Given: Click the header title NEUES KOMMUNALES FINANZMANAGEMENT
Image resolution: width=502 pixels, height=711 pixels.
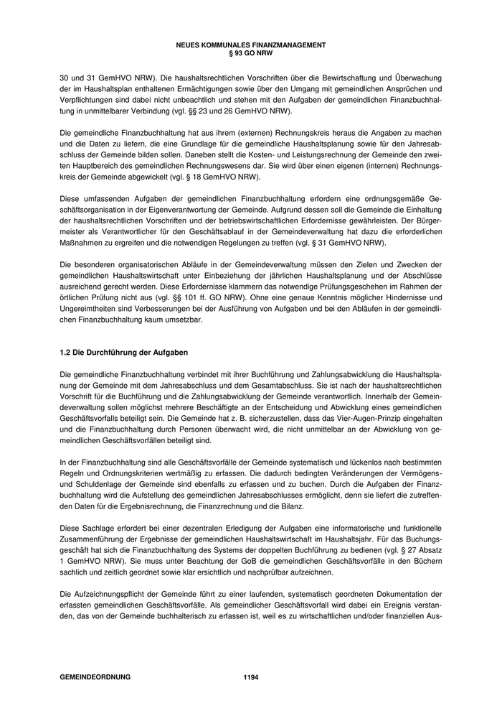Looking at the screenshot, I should pos(250,45).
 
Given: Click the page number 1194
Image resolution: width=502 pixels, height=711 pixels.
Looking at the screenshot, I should pos(250,677).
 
